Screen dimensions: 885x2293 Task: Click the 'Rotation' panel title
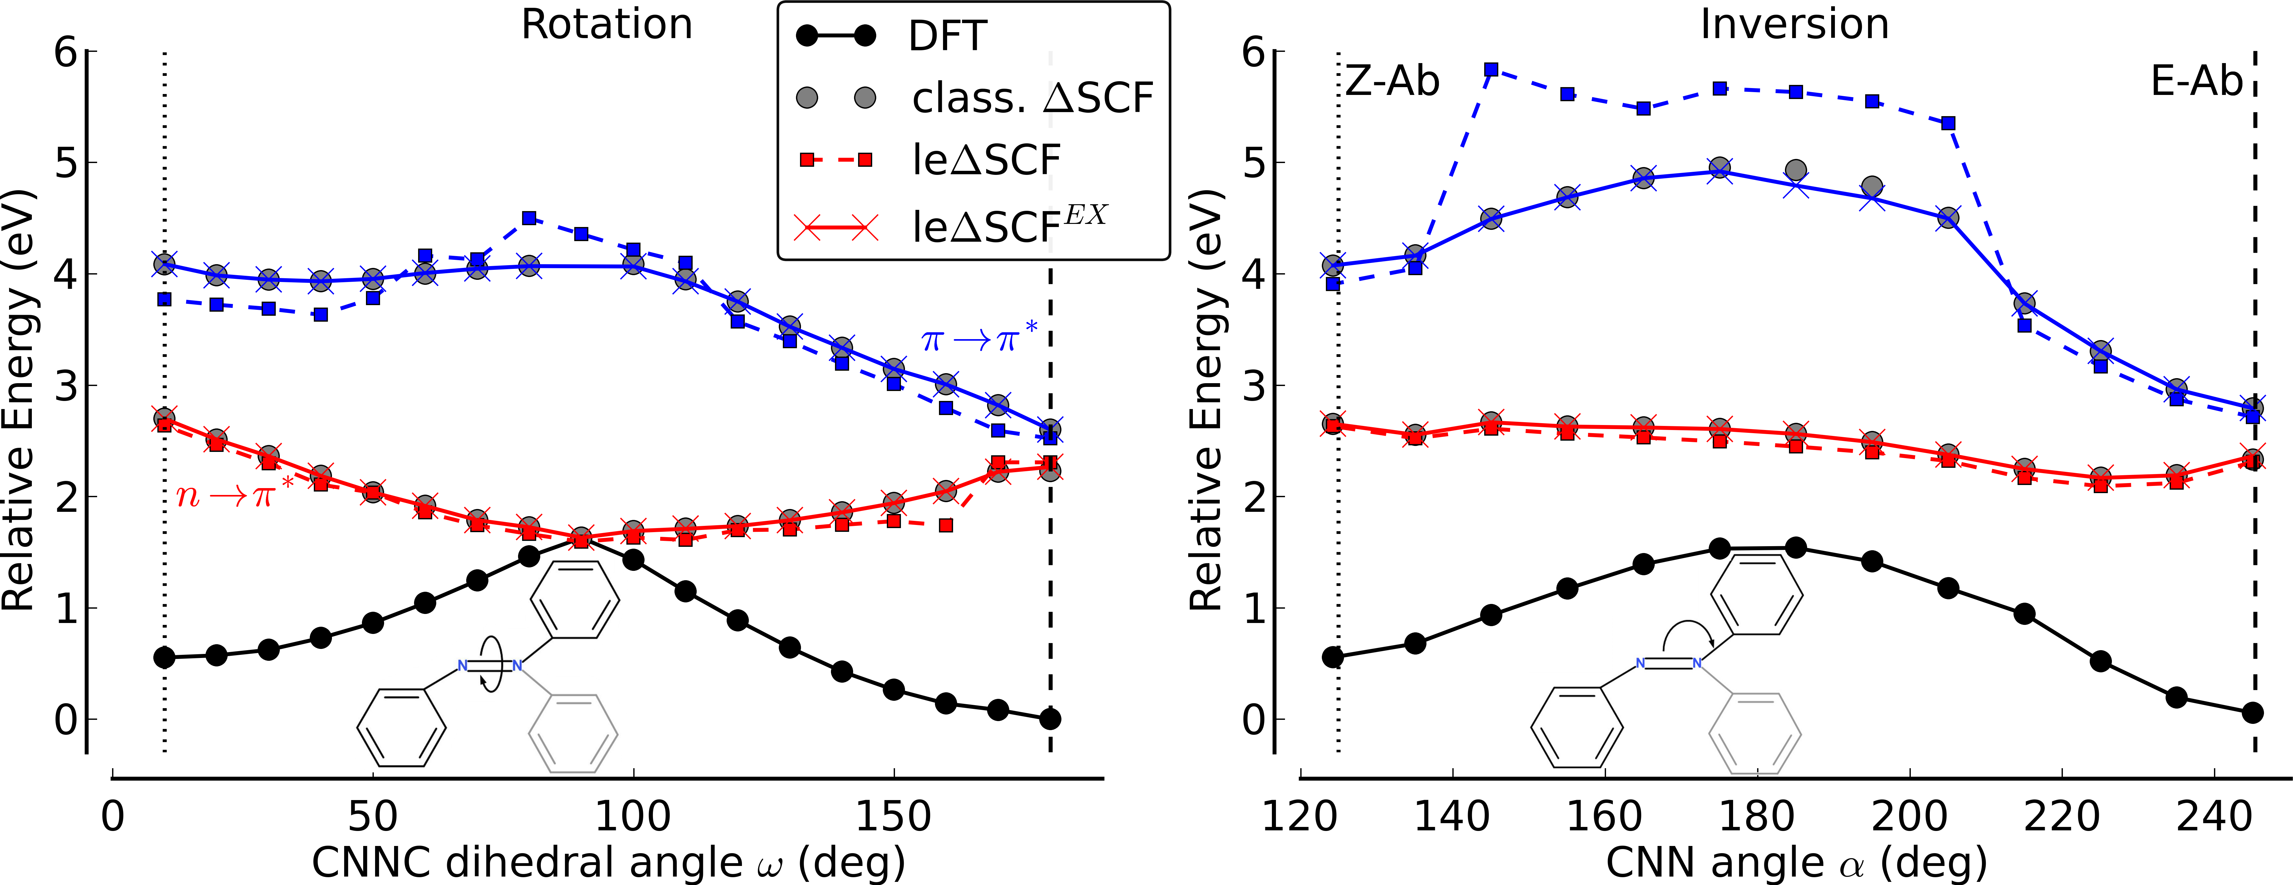(x=606, y=25)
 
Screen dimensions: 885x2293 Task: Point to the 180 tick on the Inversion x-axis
(x=1757, y=816)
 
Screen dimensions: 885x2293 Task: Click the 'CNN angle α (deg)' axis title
(x=1796, y=862)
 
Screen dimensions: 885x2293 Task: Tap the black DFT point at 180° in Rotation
(x=1050, y=719)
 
